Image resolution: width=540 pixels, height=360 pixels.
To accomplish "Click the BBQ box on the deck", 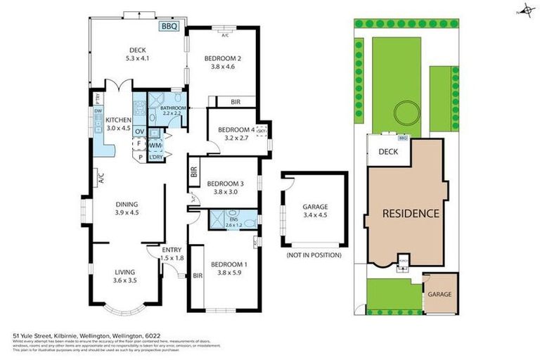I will (x=169, y=27).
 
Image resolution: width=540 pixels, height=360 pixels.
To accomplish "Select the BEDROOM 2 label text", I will (x=223, y=62).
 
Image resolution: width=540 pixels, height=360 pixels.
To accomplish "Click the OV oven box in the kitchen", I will (x=139, y=131).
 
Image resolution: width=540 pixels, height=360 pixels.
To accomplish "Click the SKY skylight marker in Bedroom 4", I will (x=262, y=131).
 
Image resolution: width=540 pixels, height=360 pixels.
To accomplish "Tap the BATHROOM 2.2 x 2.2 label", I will (x=172, y=110).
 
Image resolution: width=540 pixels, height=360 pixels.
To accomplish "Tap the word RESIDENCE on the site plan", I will (x=411, y=213).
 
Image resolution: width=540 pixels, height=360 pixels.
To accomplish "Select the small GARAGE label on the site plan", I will (x=440, y=295).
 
